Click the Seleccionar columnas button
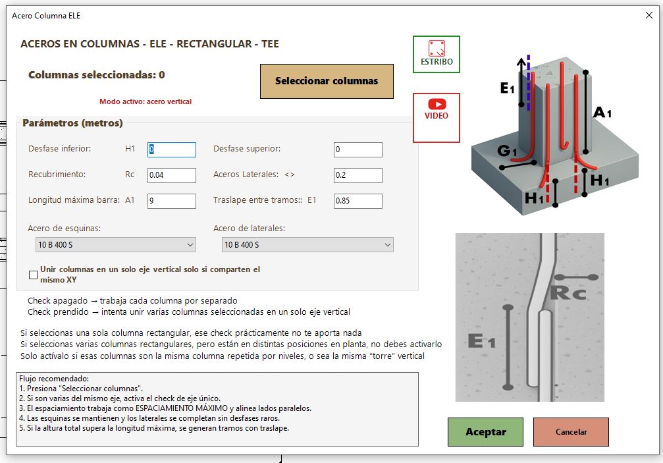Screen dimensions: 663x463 click(327, 81)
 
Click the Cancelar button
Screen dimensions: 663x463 click(571, 431)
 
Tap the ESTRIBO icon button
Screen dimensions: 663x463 click(437, 54)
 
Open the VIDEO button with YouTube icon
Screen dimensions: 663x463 click(437, 117)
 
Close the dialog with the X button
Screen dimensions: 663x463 click(649, 16)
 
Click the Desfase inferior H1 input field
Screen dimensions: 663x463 click(172, 150)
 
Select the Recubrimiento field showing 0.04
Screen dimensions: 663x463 click(172, 175)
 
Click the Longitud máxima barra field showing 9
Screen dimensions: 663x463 click(172, 201)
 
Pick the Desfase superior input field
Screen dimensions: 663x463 click(358, 150)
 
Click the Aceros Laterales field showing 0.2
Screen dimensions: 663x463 click(358, 175)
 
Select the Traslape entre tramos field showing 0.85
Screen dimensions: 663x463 click(358, 201)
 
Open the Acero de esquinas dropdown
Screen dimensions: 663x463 click(115, 245)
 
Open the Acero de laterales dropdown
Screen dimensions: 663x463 click(307, 245)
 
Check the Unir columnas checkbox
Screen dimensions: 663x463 click(34, 275)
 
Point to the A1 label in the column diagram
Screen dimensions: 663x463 click(602, 113)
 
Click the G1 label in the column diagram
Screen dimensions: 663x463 click(507, 151)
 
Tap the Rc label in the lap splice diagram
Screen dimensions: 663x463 click(568, 292)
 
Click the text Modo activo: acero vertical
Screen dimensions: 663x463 click(146, 101)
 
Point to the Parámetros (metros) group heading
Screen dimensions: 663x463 click(72, 123)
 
